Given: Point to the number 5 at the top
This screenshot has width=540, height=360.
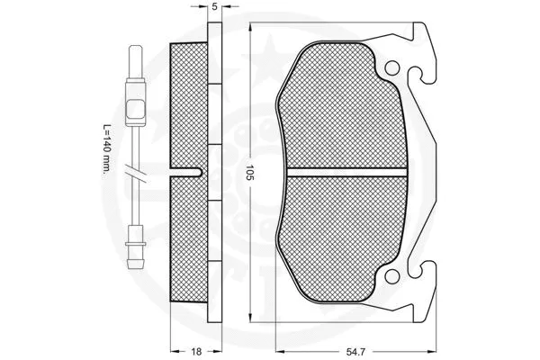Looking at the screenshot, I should [x=214, y=8].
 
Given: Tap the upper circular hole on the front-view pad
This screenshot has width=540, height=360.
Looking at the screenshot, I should [x=392, y=69].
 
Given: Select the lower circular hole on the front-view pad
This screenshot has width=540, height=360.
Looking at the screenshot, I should [x=392, y=271].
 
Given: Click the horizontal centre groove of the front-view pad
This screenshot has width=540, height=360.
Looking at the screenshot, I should [x=342, y=170].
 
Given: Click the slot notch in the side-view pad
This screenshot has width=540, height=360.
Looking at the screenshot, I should [x=193, y=171].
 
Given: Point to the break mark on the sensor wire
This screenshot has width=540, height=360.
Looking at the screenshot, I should [x=136, y=172].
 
